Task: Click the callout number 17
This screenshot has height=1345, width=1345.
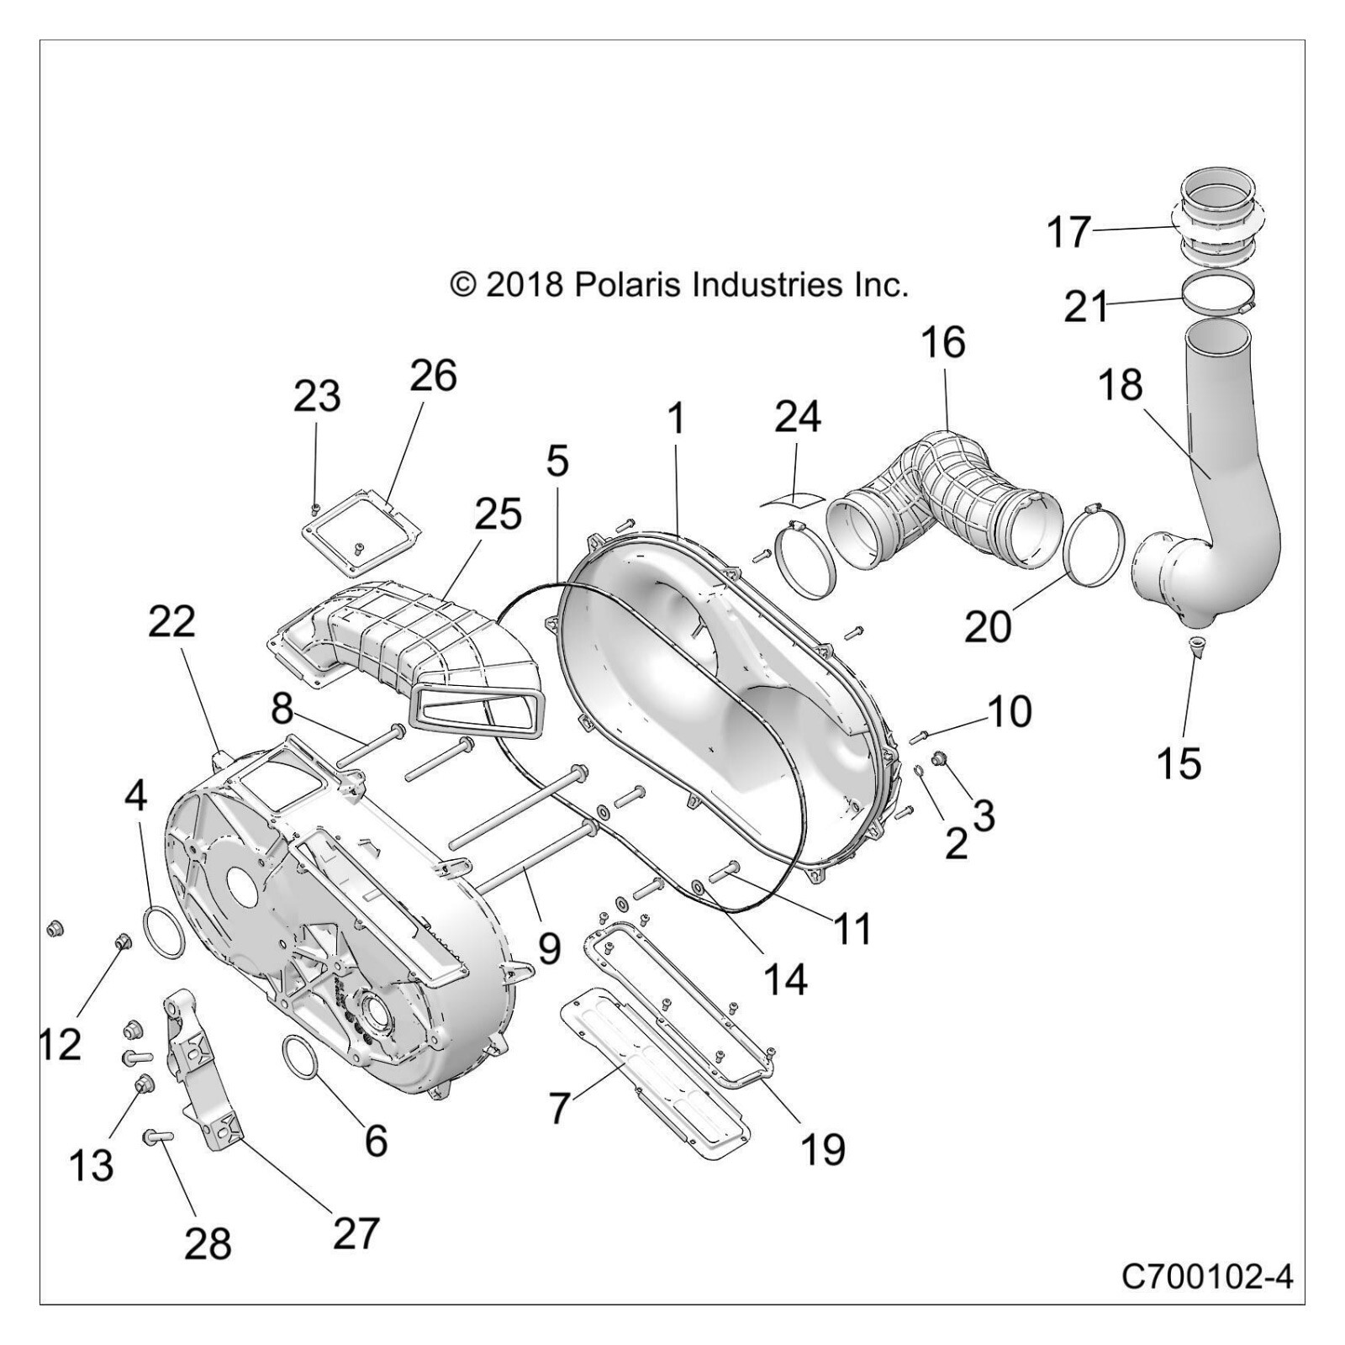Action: tap(1068, 232)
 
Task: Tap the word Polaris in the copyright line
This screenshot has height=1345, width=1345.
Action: tap(628, 284)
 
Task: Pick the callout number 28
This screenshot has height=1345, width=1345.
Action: tap(208, 1242)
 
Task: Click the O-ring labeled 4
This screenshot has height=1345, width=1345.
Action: tap(163, 931)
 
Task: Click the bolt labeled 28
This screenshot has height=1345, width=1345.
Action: tap(159, 1137)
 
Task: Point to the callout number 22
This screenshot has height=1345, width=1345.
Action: tap(171, 622)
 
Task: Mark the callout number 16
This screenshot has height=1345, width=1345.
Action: tap(942, 343)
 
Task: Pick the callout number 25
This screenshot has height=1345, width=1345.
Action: tap(498, 514)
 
